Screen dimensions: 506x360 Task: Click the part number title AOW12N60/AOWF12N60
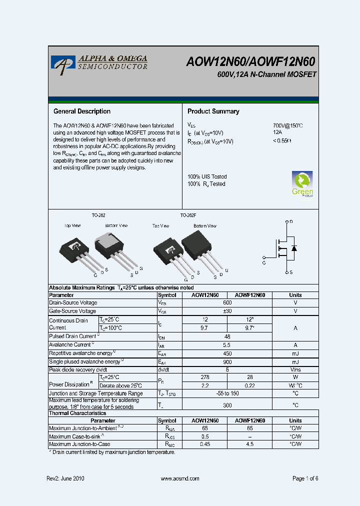point(251,61)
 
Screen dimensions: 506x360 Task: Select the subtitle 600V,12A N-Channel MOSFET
point(266,74)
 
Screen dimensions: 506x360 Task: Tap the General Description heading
point(82,111)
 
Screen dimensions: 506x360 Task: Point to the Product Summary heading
point(213,111)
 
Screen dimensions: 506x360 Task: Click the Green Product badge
point(302,184)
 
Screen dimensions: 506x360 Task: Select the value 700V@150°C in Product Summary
point(288,125)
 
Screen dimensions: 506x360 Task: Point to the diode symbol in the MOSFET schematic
point(294,248)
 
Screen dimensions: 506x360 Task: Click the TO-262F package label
point(188,215)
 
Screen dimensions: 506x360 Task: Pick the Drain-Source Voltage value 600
point(227,303)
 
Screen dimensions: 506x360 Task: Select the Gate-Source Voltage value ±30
point(227,311)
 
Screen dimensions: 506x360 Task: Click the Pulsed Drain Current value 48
point(227,336)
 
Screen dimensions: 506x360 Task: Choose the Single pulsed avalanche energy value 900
point(227,362)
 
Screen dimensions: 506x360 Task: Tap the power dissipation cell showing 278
point(205,377)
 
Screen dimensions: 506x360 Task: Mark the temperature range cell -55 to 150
point(227,393)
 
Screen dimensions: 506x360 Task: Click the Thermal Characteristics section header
point(77,413)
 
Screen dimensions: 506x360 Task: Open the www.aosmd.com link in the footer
point(180,478)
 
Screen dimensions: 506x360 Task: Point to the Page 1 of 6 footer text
point(305,478)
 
